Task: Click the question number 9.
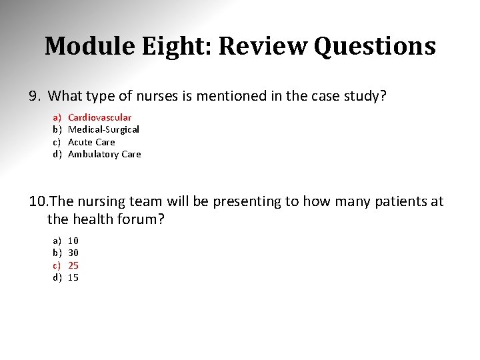pos(35,97)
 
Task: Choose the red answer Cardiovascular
pos(100,117)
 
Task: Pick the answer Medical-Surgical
pos(103,129)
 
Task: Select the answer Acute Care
pos(91,142)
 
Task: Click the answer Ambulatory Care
pos(105,154)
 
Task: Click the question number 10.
pos(38,201)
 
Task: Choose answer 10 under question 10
pos(73,240)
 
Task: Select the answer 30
pos(73,253)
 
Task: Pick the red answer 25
pos(73,265)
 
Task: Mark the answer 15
pos(73,277)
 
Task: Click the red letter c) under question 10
pos(57,265)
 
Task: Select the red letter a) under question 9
pos(57,117)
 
